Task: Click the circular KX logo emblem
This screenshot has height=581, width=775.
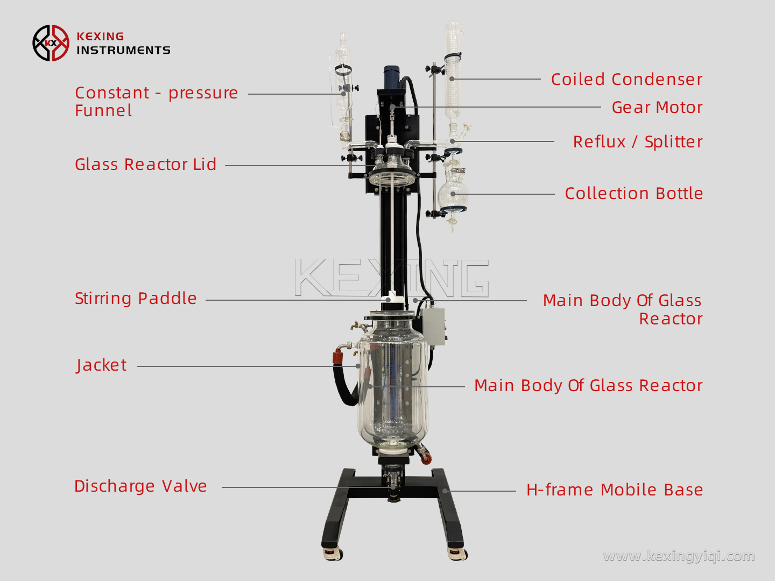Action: pos(51,43)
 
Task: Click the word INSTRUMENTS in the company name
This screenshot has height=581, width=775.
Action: pos(123,50)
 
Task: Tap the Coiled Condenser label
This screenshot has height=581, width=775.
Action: pos(626,80)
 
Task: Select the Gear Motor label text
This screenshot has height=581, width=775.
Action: pos(657,108)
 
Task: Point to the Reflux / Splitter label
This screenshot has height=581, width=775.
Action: pos(637,142)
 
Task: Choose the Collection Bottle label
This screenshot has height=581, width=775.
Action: pos(633,194)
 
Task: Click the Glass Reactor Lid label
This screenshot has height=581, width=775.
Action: pos(145,165)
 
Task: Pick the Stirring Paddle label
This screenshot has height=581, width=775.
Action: pos(136,299)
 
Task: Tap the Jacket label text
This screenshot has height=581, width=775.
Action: pos(101,365)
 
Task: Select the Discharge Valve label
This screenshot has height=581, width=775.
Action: pos(140,486)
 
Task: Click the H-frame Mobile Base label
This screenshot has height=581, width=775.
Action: pos(614,490)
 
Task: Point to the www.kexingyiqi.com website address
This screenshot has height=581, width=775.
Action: pos(679,556)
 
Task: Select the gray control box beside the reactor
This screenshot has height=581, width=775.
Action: pos(433,325)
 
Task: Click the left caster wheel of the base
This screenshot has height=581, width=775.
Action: pos(333,553)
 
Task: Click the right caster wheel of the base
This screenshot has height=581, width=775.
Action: pos(457,553)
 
